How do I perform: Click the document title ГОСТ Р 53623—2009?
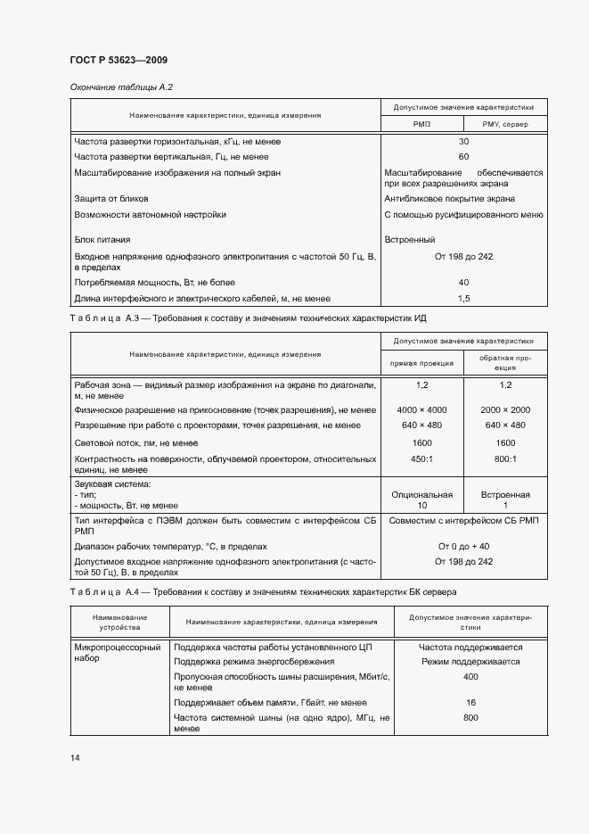pos(118,61)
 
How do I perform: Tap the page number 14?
pos(75,757)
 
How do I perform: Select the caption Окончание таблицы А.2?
pos(121,87)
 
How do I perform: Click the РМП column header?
pos(421,124)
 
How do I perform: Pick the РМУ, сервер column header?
pos(504,124)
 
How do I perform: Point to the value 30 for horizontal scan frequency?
pos(463,142)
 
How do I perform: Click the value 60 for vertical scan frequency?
pos(463,157)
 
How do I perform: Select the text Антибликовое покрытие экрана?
pos(449,199)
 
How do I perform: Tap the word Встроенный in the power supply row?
pos(409,240)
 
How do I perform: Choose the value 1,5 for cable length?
pos(463,298)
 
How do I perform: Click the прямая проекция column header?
pos(422,363)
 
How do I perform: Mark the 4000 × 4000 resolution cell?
pos(422,409)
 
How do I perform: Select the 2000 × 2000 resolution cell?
pos(505,409)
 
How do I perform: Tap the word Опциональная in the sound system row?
pos(422,494)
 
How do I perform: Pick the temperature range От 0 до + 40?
pos(463,546)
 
